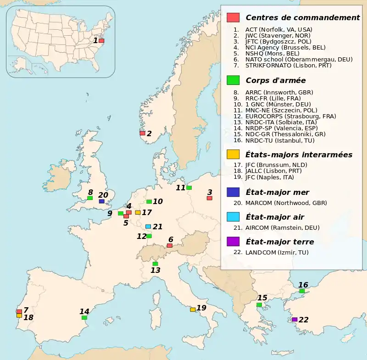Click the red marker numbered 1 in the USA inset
tap(101, 41)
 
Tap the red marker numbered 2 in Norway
tap(142, 133)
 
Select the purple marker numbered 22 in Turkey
tap(295, 320)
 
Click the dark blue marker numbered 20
tap(101, 201)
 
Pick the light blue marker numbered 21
tap(148, 227)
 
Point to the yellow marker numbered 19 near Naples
tap(193, 310)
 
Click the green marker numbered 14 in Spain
tap(84, 317)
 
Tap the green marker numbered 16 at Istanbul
tap(302, 291)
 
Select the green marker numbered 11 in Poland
tap(189, 188)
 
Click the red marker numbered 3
tap(209, 198)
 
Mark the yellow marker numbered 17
tap(138, 212)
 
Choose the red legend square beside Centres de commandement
tap(233, 17)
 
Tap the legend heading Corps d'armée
tap(269, 80)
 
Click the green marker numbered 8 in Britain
tap(90, 198)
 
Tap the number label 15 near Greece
tap(262, 298)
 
